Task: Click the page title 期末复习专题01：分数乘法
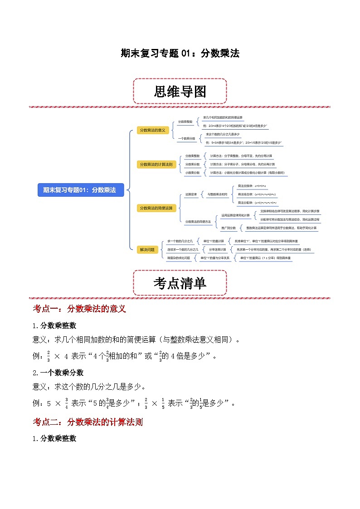pos(180,53)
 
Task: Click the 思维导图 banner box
pos(180,92)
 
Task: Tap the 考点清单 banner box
pos(180,283)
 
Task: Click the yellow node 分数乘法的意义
pos(152,130)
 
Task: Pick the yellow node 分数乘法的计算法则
pos(156,164)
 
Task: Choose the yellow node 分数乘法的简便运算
pos(156,208)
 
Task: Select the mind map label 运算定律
pos(191,194)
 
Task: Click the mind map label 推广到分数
pos(228,228)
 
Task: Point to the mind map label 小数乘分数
pos(192,173)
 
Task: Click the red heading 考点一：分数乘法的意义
pos(79,309)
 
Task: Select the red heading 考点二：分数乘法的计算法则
pos(88,422)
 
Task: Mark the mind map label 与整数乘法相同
pos(217,194)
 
